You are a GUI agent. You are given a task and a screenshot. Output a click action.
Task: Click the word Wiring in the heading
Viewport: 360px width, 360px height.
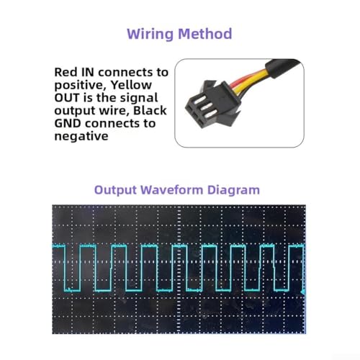point(150,34)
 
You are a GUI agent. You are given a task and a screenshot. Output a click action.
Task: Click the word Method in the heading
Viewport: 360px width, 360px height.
point(205,33)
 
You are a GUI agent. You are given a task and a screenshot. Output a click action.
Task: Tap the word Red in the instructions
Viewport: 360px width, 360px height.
point(66,72)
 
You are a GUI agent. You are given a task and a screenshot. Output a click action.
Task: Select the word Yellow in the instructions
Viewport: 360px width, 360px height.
point(131,85)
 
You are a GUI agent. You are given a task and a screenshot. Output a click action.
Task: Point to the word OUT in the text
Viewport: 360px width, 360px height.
point(67,98)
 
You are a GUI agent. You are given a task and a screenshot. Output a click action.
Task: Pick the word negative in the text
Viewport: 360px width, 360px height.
point(81,136)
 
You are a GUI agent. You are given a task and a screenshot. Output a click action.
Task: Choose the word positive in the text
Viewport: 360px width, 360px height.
point(81,86)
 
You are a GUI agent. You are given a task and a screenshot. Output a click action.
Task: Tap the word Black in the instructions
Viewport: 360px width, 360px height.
point(150,110)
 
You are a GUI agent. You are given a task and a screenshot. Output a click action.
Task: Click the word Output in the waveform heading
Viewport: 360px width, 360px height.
point(115,190)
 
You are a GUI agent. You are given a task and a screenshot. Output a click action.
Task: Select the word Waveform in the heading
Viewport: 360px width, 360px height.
point(172,190)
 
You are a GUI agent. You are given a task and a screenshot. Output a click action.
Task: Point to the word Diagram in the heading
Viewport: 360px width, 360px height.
point(233,190)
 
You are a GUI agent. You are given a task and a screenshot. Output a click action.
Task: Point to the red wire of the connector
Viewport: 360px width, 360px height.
point(243,78)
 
